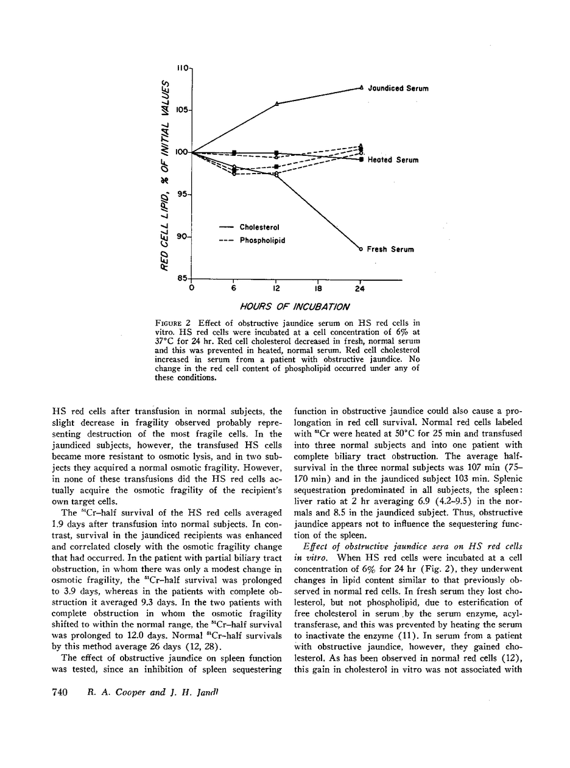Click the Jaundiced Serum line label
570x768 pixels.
(398, 88)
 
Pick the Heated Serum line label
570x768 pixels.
(393, 160)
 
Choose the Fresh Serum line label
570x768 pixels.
(390, 249)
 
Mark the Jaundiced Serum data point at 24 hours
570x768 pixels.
(361, 88)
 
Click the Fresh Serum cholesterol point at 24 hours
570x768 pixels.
(361, 249)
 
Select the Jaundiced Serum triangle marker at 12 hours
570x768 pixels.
(277, 104)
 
